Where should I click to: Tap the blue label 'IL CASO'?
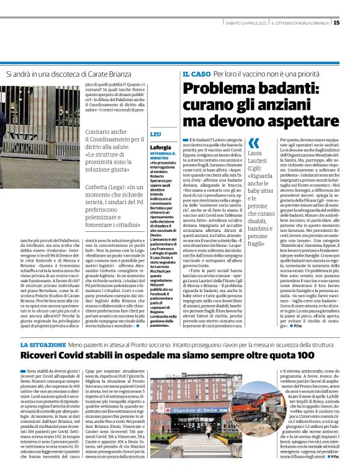(195, 74)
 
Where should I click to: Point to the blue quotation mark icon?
(254, 143)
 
